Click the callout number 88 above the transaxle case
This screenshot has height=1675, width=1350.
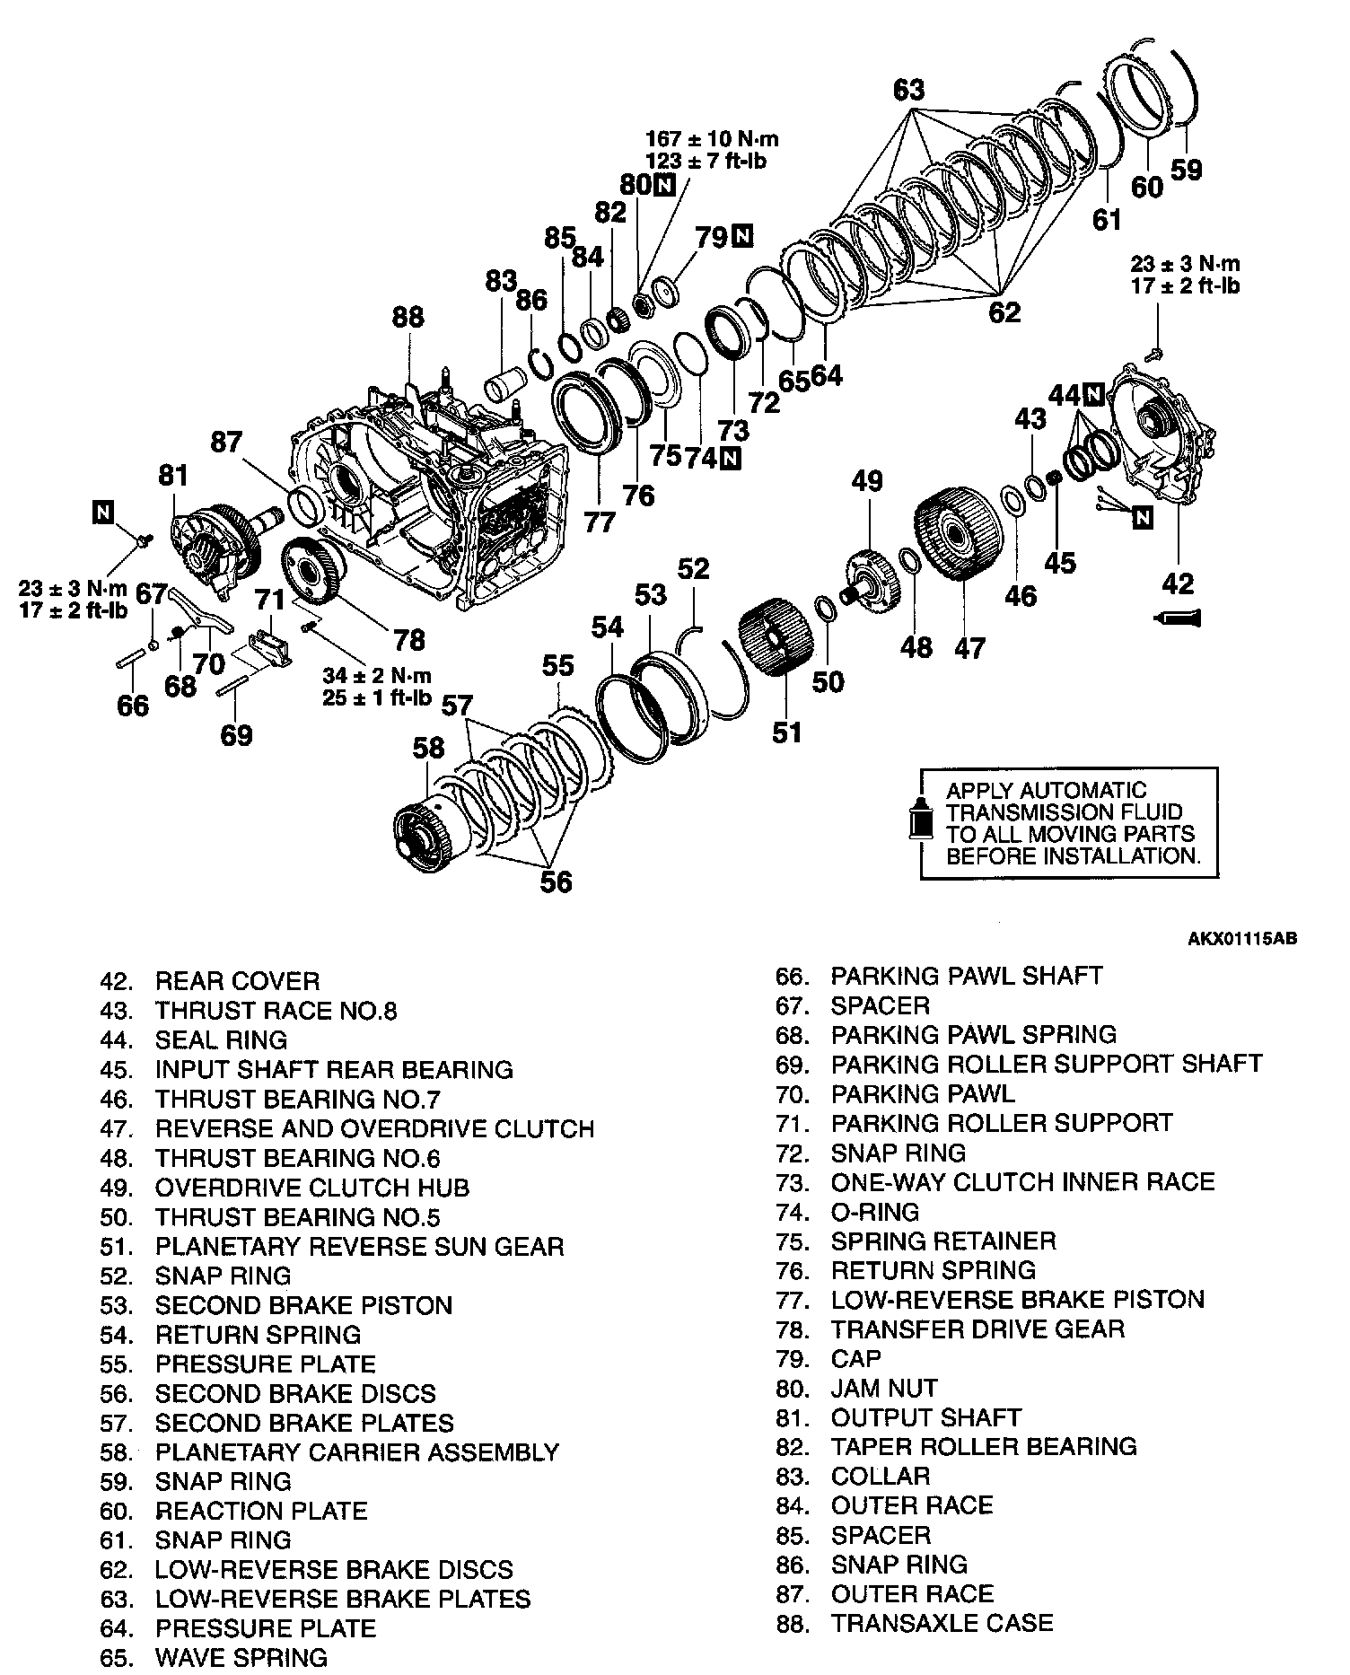pyautogui.click(x=408, y=318)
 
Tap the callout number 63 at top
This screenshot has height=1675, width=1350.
pyautogui.click(x=908, y=91)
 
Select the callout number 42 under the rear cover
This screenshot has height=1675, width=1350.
pyautogui.click(x=1178, y=583)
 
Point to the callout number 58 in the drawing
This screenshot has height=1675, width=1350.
pyautogui.click(x=428, y=748)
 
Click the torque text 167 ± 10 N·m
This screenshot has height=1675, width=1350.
pyautogui.click(x=712, y=139)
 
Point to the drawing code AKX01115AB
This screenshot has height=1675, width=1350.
pyautogui.click(x=1242, y=939)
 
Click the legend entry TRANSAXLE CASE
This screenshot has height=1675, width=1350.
pyautogui.click(x=942, y=1622)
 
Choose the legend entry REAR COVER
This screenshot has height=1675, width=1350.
pyautogui.click(x=237, y=980)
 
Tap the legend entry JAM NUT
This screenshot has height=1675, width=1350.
pyautogui.click(x=883, y=1388)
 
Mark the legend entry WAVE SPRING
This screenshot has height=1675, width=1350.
pyautogui.click(x=241, y=1657)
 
